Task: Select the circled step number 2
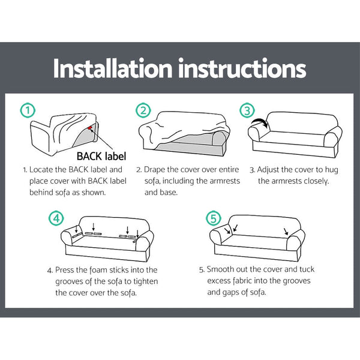[x=142, y=110]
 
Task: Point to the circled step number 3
[x=247, y=110]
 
